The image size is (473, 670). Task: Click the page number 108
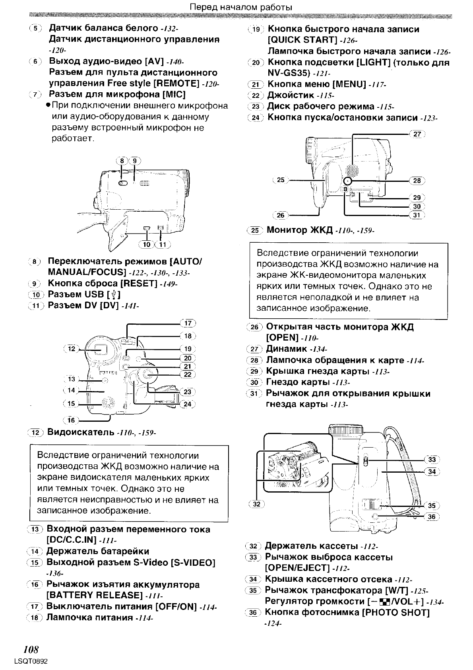click(x=31, y=650)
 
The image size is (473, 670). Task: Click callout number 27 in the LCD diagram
click(x=417, y=134)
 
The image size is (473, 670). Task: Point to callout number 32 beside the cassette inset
click(x=256, y=504)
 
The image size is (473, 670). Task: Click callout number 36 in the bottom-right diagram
click(x=432, y=517)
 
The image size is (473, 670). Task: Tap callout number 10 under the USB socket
click(x=147, y=244)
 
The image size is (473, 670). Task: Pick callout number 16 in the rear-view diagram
click(x=71, y=420)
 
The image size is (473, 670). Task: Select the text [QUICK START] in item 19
click(x=302, y=40)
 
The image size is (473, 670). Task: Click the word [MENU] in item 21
click(x=349, y=84)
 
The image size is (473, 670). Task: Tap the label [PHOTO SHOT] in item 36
click(x=395, y=612)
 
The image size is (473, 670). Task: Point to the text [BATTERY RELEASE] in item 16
click(x=94, y=595)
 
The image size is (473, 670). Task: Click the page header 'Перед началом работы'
click(x=241, y=8)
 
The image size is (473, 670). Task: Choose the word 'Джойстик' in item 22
click(x=291, y=95)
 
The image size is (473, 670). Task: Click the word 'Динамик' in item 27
click(x=286, y=349)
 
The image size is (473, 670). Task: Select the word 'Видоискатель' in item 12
click(x=81, y=432)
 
